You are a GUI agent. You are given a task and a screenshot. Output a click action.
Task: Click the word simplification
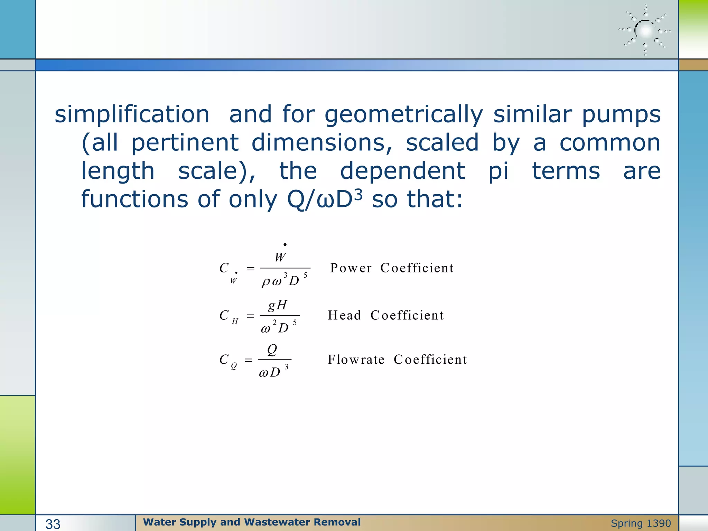[132, 114]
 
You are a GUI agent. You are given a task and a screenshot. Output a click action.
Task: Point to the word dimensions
[322, 143]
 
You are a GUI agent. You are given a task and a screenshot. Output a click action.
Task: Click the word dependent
[402, 171]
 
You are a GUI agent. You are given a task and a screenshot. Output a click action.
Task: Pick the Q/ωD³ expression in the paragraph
[325, 199]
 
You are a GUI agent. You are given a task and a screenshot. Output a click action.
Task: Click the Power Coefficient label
[392, 268]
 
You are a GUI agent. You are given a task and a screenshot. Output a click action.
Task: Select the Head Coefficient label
[386, 315]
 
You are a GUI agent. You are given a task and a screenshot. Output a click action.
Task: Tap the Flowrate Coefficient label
[397, 360]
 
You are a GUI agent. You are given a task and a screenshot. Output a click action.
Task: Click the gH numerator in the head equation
[278, 305]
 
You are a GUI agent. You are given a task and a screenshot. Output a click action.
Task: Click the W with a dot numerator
[280, 256]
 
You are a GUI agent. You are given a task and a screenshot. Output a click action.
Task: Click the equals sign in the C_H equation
[251, 316]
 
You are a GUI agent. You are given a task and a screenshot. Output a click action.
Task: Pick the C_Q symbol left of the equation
[228, 361]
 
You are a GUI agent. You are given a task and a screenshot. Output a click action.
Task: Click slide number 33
[53, 524]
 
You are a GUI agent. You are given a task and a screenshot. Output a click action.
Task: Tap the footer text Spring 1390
[641, 523]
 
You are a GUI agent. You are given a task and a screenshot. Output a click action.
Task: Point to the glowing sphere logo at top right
[645, 31]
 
